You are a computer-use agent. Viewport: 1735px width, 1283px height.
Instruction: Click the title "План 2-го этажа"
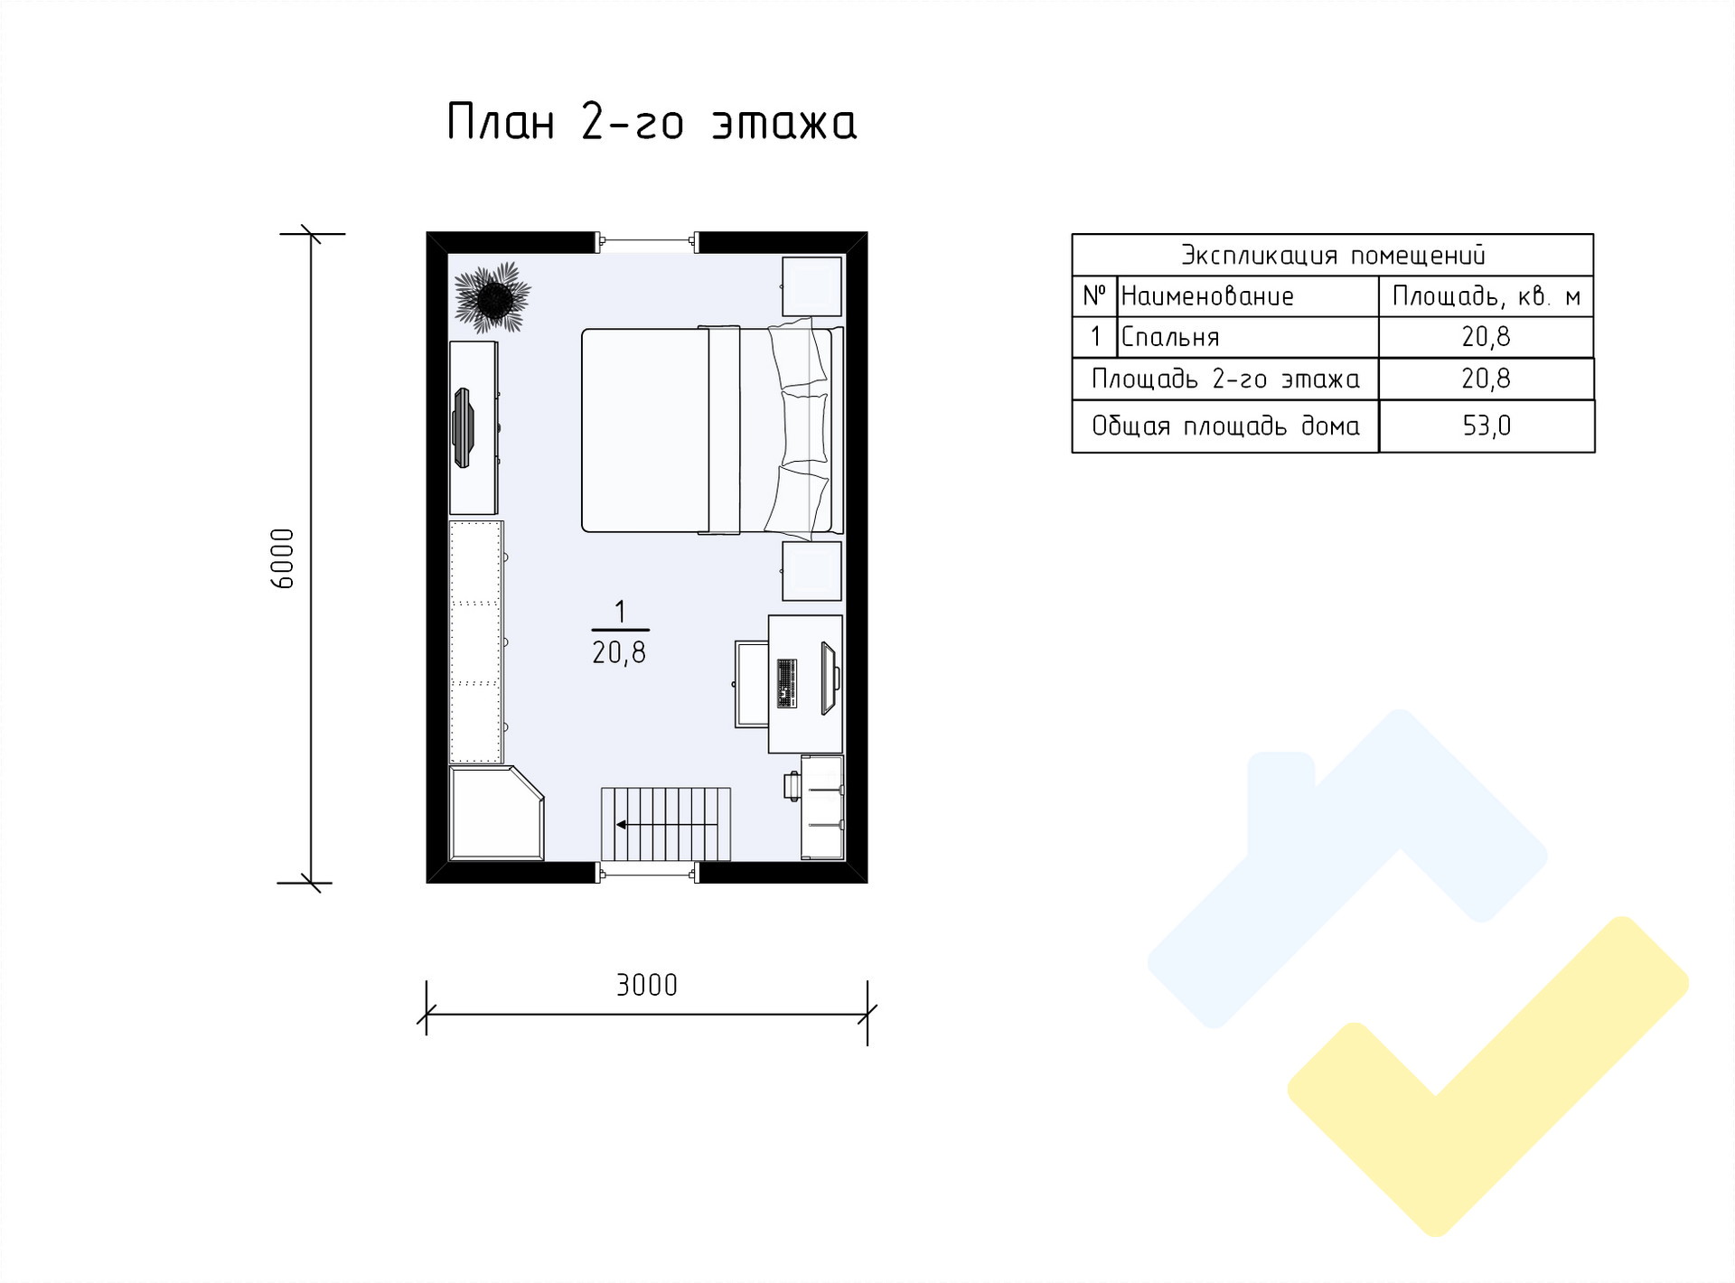pyautogui.click(x=652, y=123)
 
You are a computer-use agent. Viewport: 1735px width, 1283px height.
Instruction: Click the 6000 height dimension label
pyautogui.click(x=283, y=558)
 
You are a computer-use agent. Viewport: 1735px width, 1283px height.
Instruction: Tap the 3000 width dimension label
pyautogui.click(x=647, y=985)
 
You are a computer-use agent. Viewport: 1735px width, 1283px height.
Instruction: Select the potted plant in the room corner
pyautogui.click(x=492, y=295)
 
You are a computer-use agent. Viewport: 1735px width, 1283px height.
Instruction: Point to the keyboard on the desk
pyautogui.click(x=786, y=683)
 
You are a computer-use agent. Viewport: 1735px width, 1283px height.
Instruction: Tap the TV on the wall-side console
pyautogui.click(x=464, y=427)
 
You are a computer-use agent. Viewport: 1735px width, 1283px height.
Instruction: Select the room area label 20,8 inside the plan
pyautogui.click(x=619, y=652)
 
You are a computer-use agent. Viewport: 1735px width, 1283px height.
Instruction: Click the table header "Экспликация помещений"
pyautogui.click(x=1333, y=256)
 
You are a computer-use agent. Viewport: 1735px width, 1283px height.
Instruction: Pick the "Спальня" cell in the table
pyautogui.click(x=1170, y=337)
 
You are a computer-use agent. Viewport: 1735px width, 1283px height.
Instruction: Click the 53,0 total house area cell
pyautogui.click(x=1486, y=426)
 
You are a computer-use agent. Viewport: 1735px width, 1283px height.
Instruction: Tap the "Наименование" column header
pyautogui.click(x=1207, y=296)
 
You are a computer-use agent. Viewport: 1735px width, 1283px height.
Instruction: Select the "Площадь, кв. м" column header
pyautogui.click(x=1486, y=296)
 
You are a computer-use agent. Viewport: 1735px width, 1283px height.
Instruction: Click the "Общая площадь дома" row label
pyautogui.click(x=1225, y=426)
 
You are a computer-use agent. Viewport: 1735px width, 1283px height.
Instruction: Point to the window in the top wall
pyautogui.click(x=647, y=241)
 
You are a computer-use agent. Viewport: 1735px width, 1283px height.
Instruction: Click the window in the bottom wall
pyautogui.click(x=647, y=872)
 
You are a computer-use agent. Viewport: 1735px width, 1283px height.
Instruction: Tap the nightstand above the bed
pyautogui.click(x=811, y=286)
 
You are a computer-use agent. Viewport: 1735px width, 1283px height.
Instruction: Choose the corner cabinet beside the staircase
pyautogui.click(x=496, y=813)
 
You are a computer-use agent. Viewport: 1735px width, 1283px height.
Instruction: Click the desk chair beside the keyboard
pyautogui.click(x=751, y=684)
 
